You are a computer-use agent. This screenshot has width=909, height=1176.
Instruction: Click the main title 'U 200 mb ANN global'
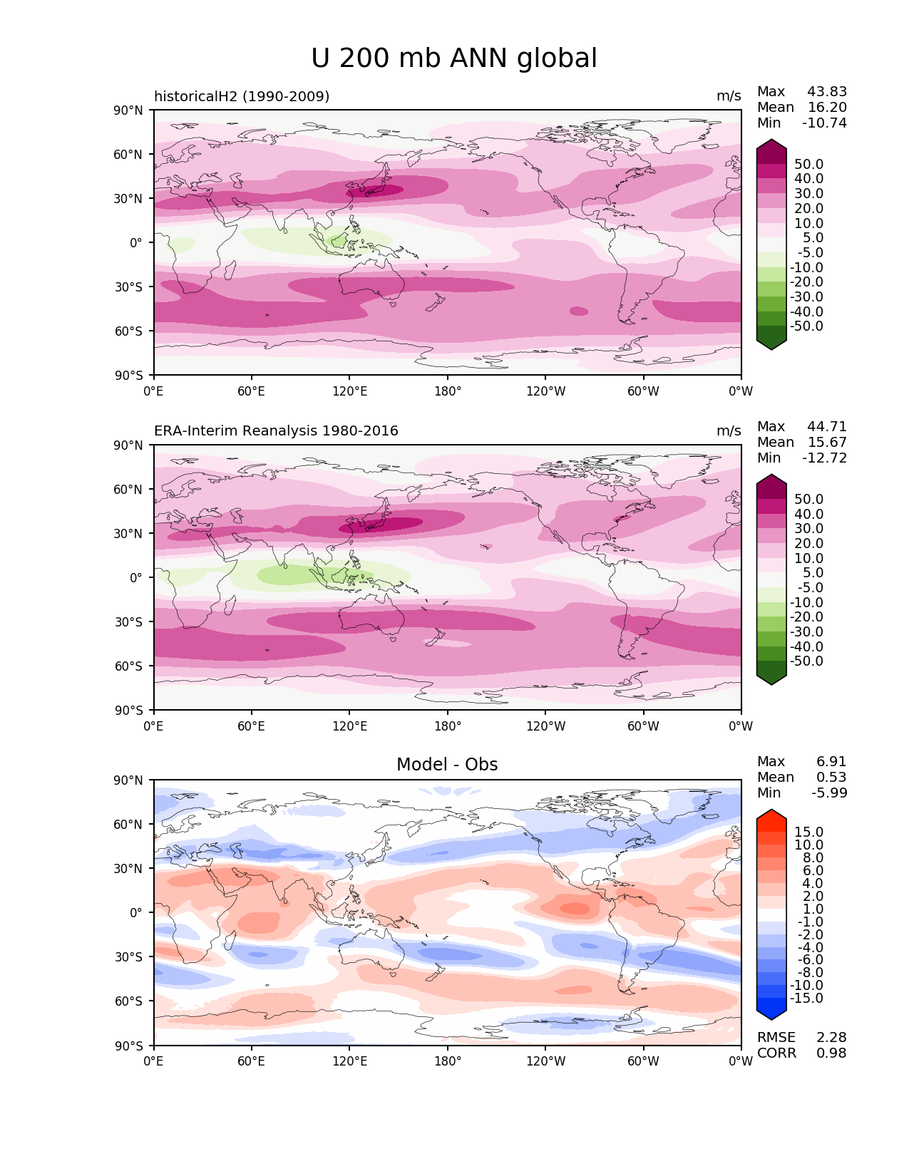click(454, 58)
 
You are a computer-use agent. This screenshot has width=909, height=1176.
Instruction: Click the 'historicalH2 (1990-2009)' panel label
click(242, 96)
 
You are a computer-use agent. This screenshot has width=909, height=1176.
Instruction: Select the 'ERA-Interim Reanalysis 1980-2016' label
click(276, 431)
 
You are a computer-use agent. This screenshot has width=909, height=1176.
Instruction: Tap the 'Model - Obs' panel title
click(447, 765)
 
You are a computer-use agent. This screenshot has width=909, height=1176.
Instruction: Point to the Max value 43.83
click(827, 92)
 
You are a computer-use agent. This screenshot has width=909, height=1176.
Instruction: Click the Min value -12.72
click(825, 458)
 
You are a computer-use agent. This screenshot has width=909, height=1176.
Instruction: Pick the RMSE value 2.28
click(831, 1038)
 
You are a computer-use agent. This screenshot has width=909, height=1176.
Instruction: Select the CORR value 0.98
click(831, 1053)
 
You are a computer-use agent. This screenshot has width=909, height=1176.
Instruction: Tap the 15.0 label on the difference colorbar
click(809, 832)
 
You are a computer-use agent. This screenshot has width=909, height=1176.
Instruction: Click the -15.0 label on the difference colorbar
click(807, 999)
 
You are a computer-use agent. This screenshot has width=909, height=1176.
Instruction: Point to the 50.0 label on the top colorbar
click(809, 165)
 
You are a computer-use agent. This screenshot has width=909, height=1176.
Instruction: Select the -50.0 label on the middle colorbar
click(807, 661)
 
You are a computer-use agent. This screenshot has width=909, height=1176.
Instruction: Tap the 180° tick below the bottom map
click(448, 1062)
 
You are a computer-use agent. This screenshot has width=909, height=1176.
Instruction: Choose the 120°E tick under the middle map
click(350, 727)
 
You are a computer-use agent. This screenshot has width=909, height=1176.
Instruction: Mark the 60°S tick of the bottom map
click(129, 1001)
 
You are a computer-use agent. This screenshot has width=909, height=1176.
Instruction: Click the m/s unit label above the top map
click(729, 96)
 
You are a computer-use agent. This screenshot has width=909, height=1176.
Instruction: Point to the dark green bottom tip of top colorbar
click(771, 344)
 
